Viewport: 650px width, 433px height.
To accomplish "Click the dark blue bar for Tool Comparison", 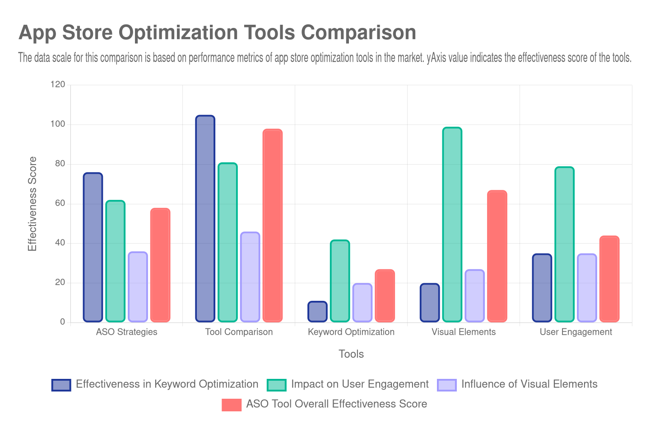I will click(x=205, y=219).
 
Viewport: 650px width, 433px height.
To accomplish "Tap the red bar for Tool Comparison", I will click(x=273, y=226).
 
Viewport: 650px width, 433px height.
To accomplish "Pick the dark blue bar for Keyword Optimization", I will click(x=318, y=312).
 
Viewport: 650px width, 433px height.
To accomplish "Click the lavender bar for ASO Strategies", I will click(x=138, y=287).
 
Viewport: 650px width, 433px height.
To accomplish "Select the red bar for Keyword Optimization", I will click(x=385, y=296).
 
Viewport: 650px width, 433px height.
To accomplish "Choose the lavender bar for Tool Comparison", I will click(x=250, y=277).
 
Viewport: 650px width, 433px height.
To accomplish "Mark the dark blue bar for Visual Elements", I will click(x=430, y=303).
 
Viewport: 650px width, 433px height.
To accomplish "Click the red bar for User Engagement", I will click(x=609, y=279).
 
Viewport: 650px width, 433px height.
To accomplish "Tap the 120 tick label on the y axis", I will click(x=58, y=84).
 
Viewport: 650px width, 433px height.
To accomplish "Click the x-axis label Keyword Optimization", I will click(x=351, y=332).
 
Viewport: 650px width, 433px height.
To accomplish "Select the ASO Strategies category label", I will click(x=127, y=332).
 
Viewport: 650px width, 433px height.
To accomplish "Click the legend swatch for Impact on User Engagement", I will click(x=277, y=385).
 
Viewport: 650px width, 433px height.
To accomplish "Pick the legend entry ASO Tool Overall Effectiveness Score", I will click(x=336, y=404).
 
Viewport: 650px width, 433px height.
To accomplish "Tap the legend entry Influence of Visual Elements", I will click(x=529, y=384).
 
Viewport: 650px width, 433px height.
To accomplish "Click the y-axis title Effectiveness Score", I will click(x=32, y=203).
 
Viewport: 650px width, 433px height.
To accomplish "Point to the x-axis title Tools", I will click(x=351, y=354).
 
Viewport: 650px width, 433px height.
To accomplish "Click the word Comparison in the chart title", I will click(x=358, y=32).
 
